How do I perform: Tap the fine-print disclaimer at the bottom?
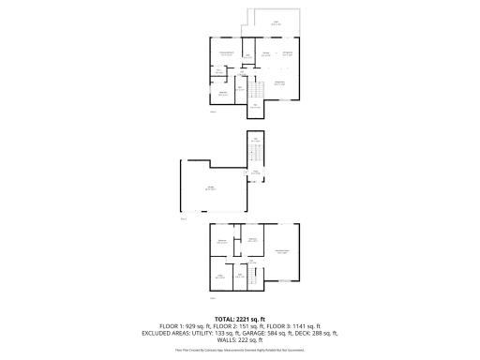(240, 350)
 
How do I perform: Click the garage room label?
(212, 188)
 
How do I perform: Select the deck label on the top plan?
(276, 22)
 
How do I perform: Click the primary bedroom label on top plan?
(226, 53)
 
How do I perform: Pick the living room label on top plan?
(278, 83)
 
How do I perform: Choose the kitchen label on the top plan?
(265, 52)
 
